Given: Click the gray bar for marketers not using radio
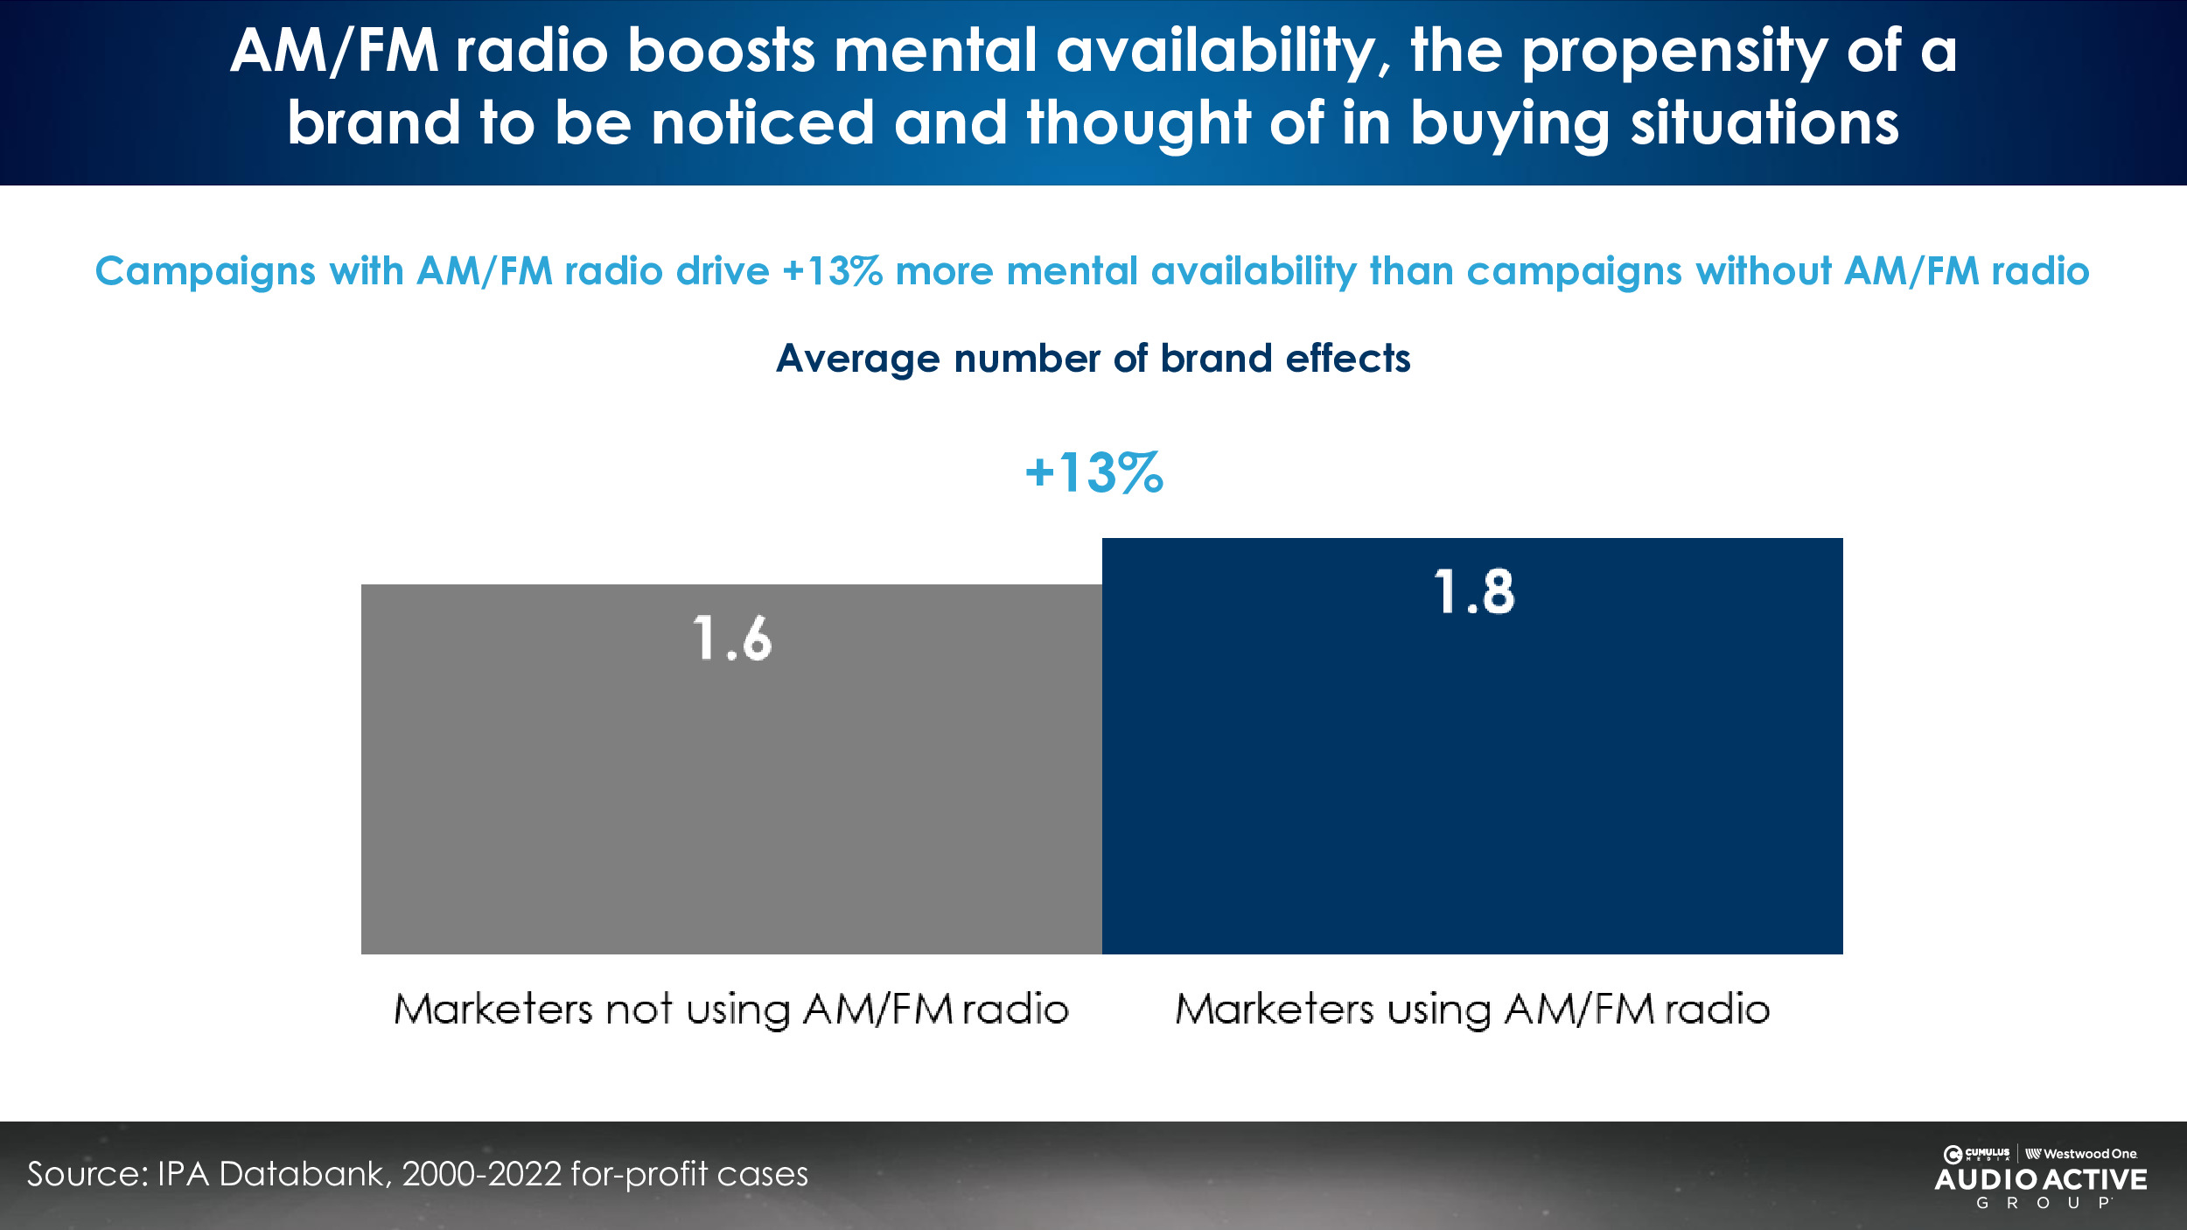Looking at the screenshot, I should pyautogui.click(x=731, y=787).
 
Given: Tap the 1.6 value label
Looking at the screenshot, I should pyautogui.click(x=731, y=639).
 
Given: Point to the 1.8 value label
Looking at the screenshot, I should pyautogui.click(x=1474, y=592).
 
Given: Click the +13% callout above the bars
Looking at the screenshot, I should pyautogui.click(x=1093, y=473).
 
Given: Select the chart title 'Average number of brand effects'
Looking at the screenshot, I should pyautogui.click(x=1093, y=359).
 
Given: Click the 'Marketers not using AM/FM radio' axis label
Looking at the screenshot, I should pyautogui.click(x=731, y=1010).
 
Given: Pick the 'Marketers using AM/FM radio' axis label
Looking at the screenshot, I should pyautogui.click(x=1472, y=1010).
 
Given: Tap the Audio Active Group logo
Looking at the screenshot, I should pyautogui.click(x=2040, y=1181).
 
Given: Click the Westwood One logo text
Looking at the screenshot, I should pyautogui.click(x=2082, y=1154).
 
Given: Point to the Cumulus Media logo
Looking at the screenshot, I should pyautogui.click(x=1977, y=1154).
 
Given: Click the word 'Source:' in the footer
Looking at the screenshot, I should pyautogui.click(x=87, y=1174).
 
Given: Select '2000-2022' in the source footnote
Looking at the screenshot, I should pyautogui.click(x=481, y=1174).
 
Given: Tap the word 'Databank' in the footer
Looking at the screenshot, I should pyautogui.click(x=302, y=1174).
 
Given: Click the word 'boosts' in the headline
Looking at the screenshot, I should pyautogui.click(x=721, y=51).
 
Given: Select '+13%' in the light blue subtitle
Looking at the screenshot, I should pyautogui.click(x=832, y=271).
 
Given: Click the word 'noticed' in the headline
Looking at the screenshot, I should pyautogui.click(x=762, y=122).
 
